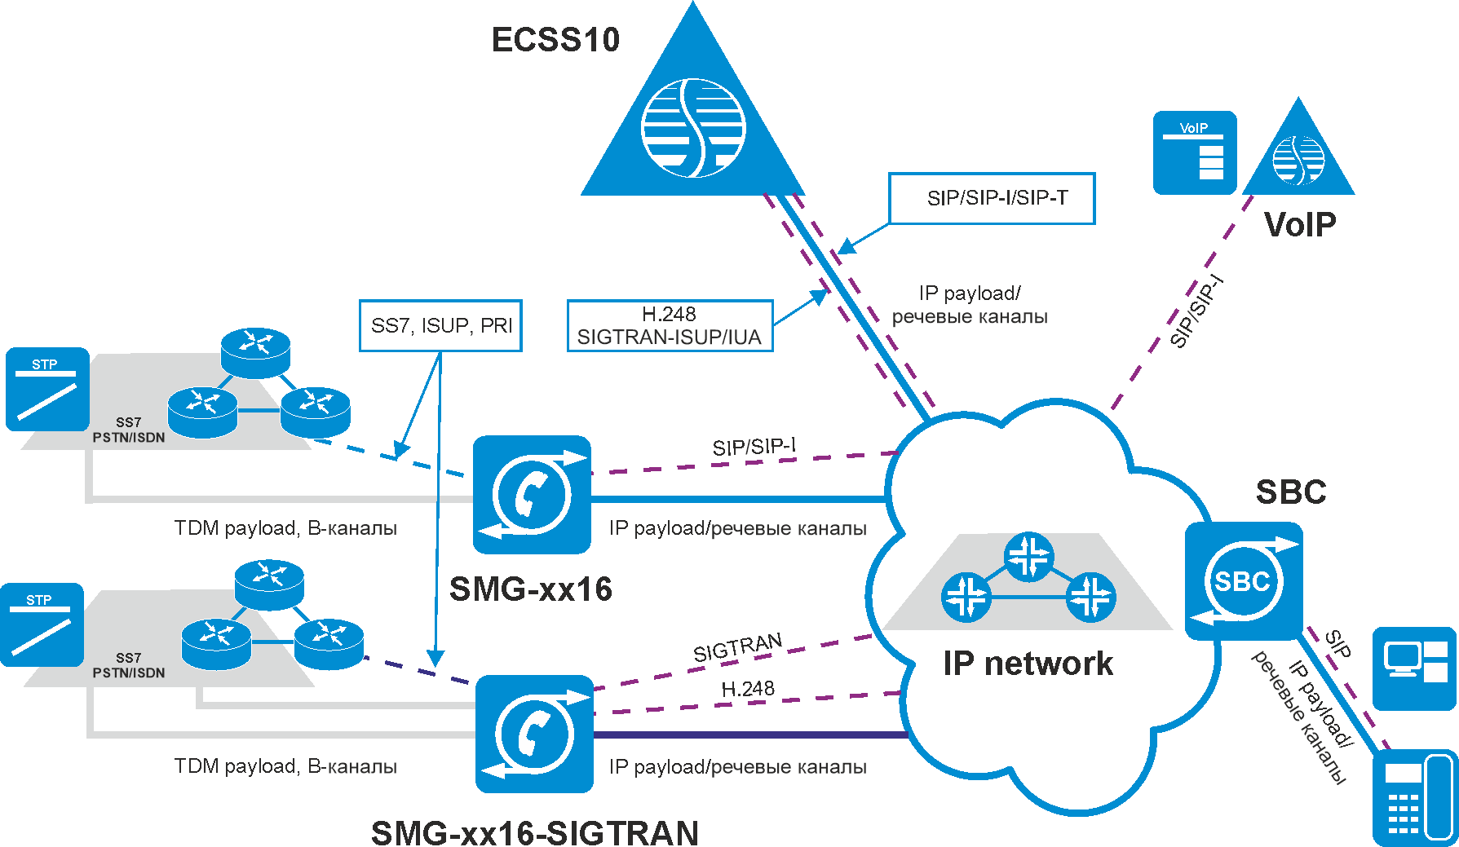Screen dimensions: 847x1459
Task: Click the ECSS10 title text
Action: point(555,40)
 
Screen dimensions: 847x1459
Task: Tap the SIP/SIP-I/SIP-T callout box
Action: point(992,198)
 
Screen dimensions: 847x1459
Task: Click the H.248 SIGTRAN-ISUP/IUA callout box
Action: point(670,326)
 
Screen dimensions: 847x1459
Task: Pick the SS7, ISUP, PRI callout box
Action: point(440,325)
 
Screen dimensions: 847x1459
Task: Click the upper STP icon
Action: point(47,389)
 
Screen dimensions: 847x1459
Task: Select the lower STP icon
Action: point(42,624)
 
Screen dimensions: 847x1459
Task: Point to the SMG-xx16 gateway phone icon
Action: point(532,495)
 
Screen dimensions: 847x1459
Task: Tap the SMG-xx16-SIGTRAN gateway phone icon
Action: point(534,734)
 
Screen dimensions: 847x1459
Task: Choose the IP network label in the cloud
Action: point(1028,664)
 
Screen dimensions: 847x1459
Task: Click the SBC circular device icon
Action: point(1243,581)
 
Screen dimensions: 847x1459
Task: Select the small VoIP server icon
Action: point(1195,153)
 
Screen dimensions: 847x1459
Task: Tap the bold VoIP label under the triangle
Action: point(1300,224)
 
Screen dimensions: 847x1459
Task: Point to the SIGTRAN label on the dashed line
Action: point(737,649)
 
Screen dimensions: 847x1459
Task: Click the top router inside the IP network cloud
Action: point(1029,557)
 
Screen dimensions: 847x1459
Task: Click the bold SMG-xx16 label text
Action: point(531,589)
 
